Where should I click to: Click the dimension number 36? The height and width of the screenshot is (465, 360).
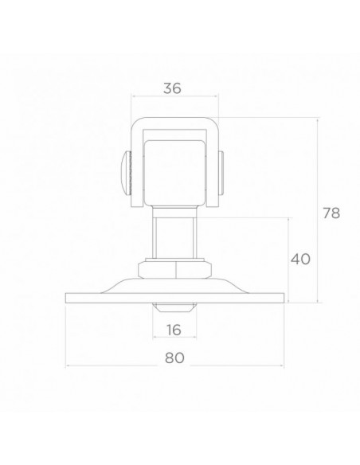pos(172,88)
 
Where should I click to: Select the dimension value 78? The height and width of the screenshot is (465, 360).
pos(331,213)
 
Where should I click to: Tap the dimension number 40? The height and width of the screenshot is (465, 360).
pos(300,260)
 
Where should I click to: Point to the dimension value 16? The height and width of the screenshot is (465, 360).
pos(174,330)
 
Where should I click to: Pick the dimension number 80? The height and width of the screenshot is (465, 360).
pos(174,358)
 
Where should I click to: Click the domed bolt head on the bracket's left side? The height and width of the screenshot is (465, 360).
pos(127,173)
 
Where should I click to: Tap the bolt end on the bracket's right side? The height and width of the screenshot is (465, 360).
pos(221,173)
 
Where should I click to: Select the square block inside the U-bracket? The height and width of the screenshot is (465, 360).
pos(174,173)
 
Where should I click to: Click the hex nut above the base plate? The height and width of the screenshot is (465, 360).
pos(175,269)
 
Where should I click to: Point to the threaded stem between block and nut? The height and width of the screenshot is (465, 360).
pos(174,234)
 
